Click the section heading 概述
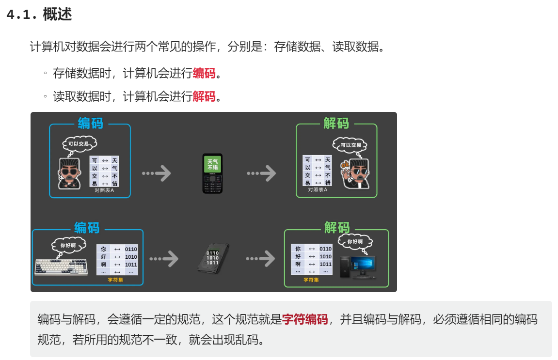click(x=57, y=15)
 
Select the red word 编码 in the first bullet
click(x=204, y=74)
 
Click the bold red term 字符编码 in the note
click(x=305, y=319)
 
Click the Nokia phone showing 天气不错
click(x=212, y=173)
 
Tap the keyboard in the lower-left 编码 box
click(x=61, y=267)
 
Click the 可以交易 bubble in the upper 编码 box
click(x=79, y=144)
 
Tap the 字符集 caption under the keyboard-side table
click(x=115, y=280)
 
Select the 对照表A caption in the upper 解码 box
click(x=318, y=190)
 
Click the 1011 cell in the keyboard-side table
click(x=131, y=265)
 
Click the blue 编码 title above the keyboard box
click(x=87, y=228)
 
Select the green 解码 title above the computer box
click(x=336, y=227)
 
